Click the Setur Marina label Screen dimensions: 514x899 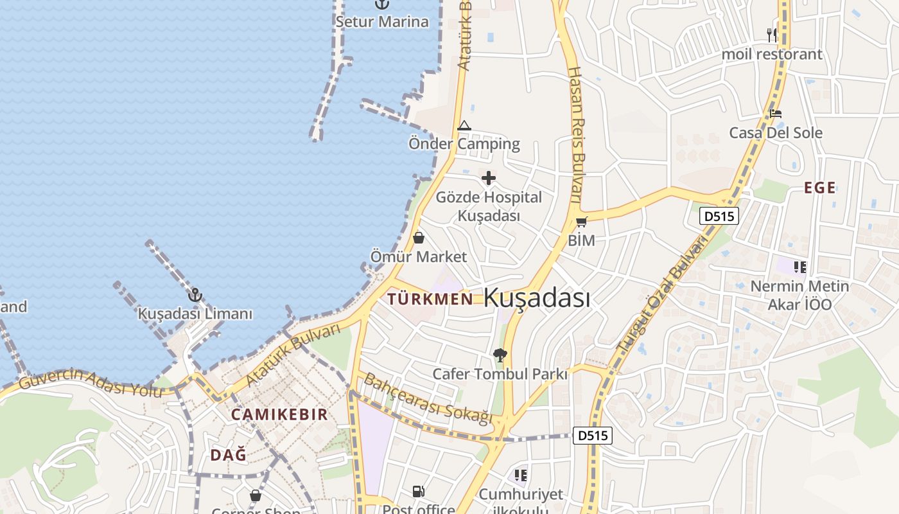point(382,22)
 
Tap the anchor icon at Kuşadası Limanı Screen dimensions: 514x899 point(195,296)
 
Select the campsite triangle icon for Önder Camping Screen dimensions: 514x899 point(464,125)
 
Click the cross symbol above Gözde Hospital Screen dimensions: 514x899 point(489,178)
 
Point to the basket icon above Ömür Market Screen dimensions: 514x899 point(419,238)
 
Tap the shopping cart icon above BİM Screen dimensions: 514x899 point(581,222)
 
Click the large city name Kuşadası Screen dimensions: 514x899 point(536,298)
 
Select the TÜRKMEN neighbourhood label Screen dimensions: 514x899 point(430,299)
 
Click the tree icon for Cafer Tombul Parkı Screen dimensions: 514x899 point(500,355)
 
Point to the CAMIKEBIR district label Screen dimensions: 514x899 point(279,414)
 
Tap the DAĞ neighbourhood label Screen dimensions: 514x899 point(228,455)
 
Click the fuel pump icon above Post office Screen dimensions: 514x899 point(418,492)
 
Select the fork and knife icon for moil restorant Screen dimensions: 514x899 point(772,35)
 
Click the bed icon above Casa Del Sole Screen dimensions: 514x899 point(776,114)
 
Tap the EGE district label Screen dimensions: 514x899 point(820,188)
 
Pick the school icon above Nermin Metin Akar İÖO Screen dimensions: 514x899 point(799,267)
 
